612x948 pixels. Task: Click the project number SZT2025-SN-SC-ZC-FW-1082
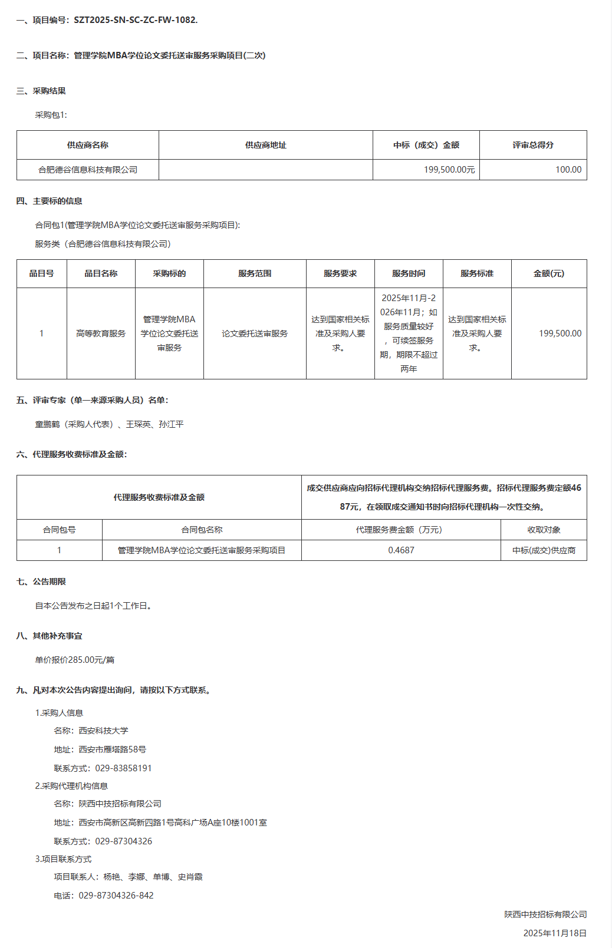point(136,20)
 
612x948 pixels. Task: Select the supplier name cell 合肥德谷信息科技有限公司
point(88,170)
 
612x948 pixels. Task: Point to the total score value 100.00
point(568,170)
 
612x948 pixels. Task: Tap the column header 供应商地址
point(265,145)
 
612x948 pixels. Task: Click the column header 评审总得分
point(533,145)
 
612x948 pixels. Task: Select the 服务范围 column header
point(255,273)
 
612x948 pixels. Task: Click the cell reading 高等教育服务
point(101,333)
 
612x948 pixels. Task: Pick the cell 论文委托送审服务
point(255,333)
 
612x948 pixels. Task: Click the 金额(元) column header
point(549,273)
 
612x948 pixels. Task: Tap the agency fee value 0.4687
point(401,550)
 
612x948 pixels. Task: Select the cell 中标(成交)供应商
point(544,550)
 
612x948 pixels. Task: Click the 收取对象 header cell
point(544,530)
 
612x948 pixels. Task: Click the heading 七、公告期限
point(41,582)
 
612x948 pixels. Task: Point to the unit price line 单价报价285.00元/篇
point(75,660)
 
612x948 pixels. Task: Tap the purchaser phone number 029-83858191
point(123,768)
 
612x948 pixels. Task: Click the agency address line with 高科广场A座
point(173,823)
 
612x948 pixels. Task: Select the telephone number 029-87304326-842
point(116,896)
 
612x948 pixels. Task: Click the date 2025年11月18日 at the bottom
point(555,933)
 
